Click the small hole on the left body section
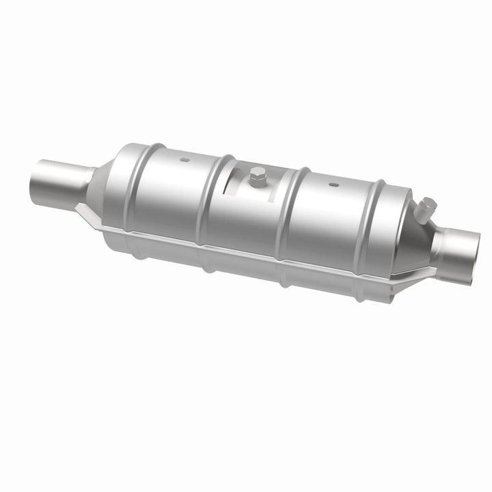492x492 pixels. coord(184,161)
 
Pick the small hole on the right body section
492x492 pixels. coord(333,184)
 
